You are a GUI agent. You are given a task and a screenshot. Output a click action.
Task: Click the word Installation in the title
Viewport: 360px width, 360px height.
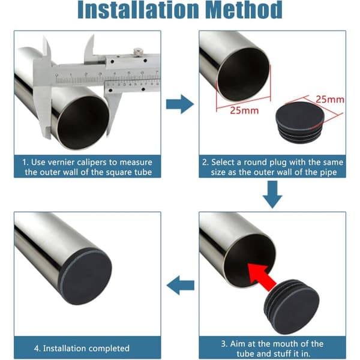pos(139,10)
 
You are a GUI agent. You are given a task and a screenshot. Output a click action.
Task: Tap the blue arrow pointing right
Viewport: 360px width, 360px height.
pos(180,104)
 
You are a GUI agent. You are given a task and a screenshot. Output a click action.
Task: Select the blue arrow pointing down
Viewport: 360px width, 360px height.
pos(272,194)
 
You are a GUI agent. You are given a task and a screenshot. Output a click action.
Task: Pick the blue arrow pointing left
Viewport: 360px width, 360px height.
pos(181,285)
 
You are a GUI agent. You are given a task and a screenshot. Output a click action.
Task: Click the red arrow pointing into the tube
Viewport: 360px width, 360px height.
pos(262,277)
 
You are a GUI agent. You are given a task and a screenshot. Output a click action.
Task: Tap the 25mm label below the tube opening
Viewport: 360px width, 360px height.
pos(244,110)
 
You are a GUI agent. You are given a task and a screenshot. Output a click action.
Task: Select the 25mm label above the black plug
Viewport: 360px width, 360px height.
pos(330,100)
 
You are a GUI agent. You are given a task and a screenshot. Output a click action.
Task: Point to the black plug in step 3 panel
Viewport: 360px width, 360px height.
pos(292,307)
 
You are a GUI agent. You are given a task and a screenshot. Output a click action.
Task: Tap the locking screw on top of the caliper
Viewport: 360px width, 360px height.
pos(138,51)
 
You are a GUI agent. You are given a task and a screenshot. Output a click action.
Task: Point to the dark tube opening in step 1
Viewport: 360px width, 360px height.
pos(83,122)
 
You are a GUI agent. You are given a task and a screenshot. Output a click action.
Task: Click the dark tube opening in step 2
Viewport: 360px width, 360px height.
pos(244,75)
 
